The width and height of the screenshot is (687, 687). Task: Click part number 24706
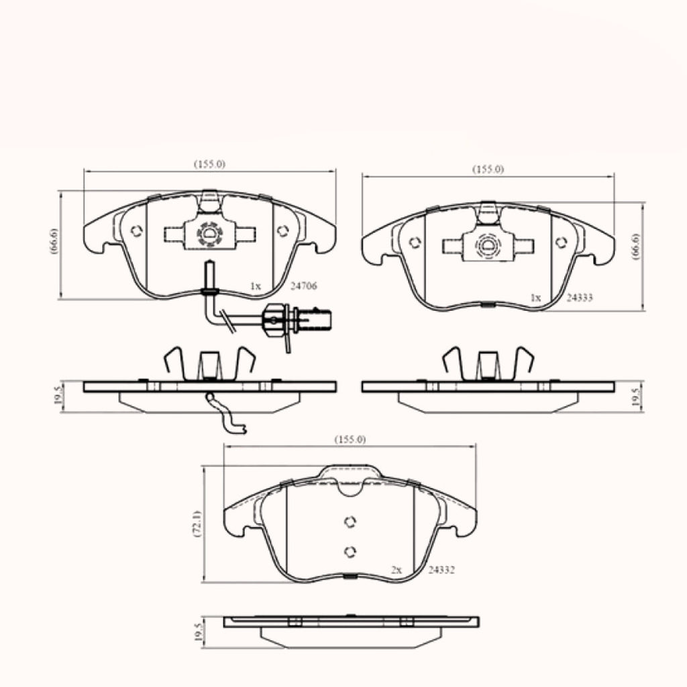pos(303,286)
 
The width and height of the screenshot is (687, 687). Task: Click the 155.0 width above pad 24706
pos(209,164)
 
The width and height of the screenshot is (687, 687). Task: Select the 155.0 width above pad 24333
pos(488,169)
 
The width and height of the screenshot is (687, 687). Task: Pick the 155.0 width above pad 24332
pos(350,439)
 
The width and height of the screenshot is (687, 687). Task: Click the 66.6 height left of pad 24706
pos(54,240)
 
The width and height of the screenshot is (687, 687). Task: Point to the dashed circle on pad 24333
pos(488,247)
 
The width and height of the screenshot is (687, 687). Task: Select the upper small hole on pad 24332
pos(349,522)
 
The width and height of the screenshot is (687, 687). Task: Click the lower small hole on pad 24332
pos(349,551)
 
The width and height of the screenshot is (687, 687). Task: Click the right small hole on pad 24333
pos(562,243)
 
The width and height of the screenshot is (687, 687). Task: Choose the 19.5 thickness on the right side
pos(635,396)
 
